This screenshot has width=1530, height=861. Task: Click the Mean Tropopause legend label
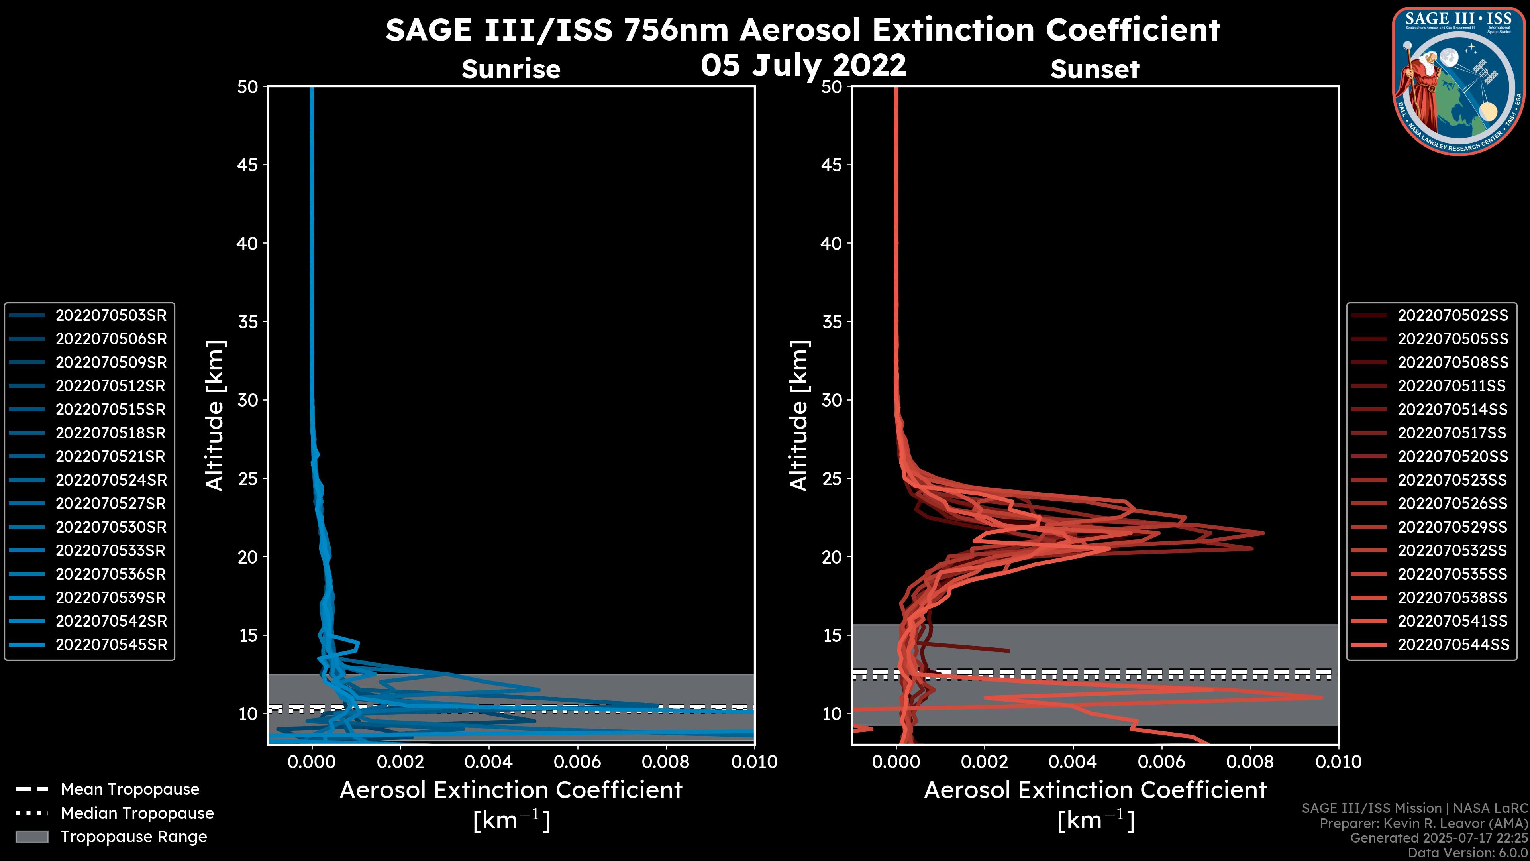[130, 790]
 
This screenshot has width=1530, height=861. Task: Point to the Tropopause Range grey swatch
[31, 837]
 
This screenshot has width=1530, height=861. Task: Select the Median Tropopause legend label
[137, 813]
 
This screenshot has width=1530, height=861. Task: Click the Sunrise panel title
[511, 69]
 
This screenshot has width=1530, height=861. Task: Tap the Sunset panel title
[1095, 69]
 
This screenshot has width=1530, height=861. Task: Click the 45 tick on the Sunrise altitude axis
[248, 165]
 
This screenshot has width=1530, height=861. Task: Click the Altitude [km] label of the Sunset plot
[799, 416]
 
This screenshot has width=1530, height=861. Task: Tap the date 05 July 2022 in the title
[804, 65]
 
